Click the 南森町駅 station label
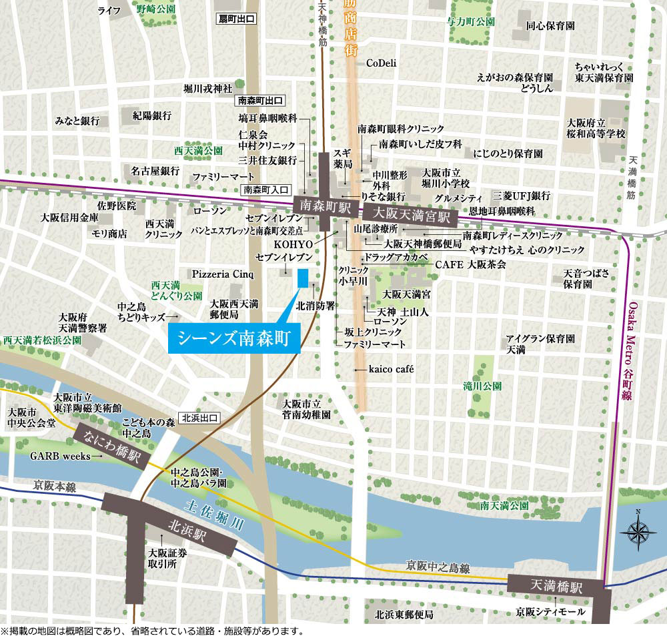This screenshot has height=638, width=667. click(317, 205)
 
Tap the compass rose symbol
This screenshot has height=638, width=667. click(638, 532)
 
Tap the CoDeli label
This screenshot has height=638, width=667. click(382, 63)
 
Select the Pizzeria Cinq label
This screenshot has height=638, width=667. click(223, 274)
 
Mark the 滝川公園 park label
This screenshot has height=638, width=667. click(482, 386)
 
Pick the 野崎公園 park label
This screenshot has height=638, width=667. click(155, 9)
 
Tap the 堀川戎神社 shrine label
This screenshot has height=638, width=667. click(208, 87)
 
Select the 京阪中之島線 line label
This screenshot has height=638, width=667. click(438, 568)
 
